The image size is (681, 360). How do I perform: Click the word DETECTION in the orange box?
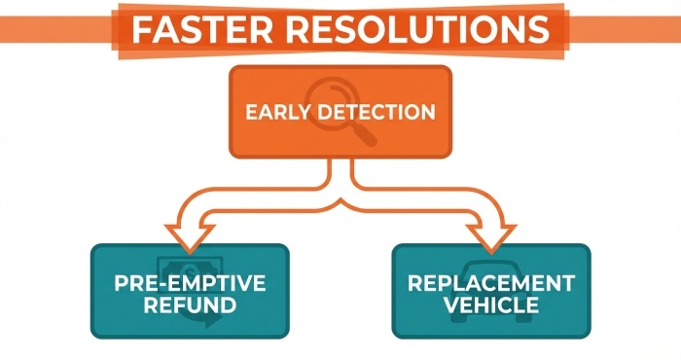[x=378, y=112]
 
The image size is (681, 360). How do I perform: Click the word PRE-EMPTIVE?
[x=190, y=284]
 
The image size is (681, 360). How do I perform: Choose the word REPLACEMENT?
[x=491, y=284]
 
